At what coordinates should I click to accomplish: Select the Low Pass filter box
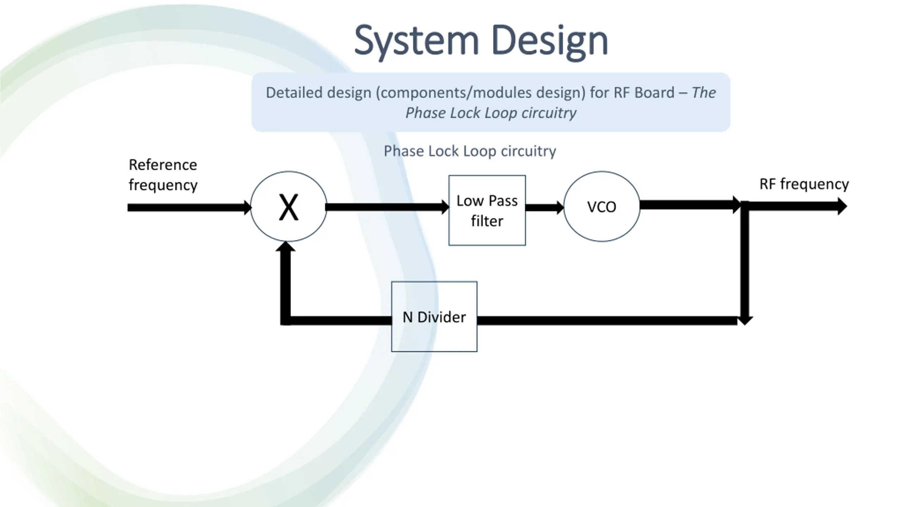coord(487,210)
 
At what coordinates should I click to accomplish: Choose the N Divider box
coord(434,317)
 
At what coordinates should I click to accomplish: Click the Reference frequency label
coord(163,175)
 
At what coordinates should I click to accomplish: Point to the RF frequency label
coord(804,184)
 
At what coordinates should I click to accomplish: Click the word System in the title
coord(416,41)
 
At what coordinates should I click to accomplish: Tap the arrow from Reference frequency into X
coord(190,207)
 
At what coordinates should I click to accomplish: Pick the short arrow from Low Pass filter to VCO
coord(545,207)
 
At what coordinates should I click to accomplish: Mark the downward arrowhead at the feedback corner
coord(745,320)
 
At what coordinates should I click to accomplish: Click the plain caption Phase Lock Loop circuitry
coord(470,151)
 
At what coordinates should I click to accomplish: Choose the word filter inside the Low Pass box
coord(487,221)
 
